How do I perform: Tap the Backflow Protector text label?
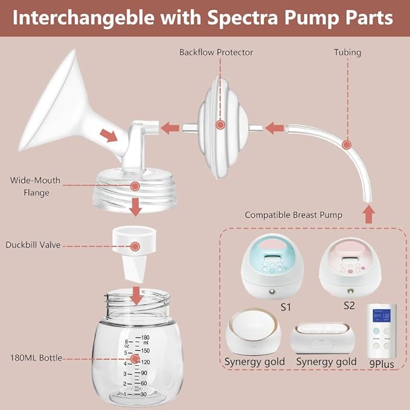coord(216,53)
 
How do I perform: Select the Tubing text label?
coord(347,53)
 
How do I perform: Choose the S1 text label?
coord(285,307)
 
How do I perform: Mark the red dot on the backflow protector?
coord(221,125)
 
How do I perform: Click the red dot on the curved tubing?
coord(347,145)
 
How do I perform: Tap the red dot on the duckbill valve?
coord(135,246)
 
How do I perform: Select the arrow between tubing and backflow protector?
coord(276,127)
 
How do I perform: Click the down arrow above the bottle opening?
coord(138,295)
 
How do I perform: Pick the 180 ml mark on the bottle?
coord(144,338)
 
